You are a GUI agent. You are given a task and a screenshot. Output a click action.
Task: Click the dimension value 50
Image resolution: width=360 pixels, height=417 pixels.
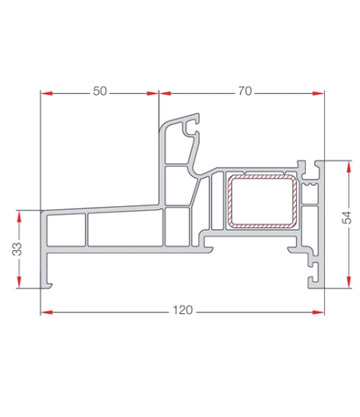(x=100, y=92)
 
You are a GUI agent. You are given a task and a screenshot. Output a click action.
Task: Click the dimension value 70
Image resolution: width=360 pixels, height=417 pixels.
(x=245, y=92)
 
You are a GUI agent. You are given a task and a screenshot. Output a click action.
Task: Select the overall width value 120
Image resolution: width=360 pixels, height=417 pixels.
(x=183, y=312)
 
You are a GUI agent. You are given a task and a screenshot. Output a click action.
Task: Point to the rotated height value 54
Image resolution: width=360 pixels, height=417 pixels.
(x=347, y=217)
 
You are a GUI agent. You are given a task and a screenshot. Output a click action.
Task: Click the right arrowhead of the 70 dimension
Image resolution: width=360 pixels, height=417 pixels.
(x=319, y=92)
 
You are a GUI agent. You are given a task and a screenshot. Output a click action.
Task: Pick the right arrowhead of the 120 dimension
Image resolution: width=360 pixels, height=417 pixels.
(x=319, y=312)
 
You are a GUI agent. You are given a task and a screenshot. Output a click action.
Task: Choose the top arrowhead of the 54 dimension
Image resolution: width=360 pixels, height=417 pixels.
(x=347, y=166)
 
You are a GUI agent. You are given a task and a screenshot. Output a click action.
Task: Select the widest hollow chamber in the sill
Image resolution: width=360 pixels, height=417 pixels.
(x=124, y=231)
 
